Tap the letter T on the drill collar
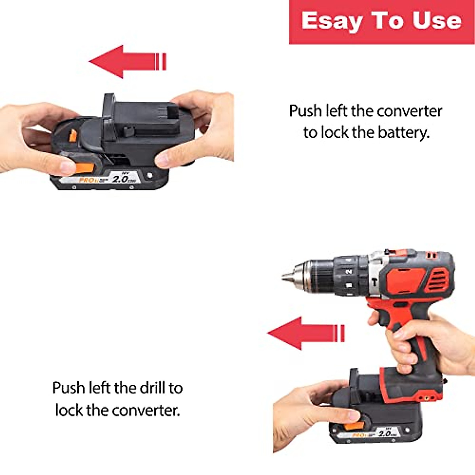point(374,282)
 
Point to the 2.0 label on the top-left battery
point(120,179)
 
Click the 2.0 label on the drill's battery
point(385,433)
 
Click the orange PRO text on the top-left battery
point(86,180)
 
